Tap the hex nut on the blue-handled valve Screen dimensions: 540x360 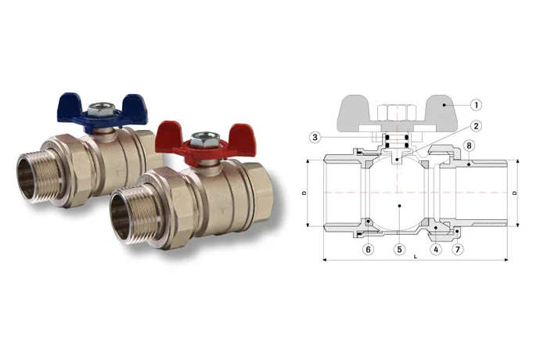(x=101, y=109)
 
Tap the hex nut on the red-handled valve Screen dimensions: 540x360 (x=204, y=139)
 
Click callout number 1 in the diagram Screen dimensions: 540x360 (x=476, y=105)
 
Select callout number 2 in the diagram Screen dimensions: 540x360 (x=476, y=126)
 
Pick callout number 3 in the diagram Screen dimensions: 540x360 (x=315, y=138)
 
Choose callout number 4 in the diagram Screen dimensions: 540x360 (x=436, y=249)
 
